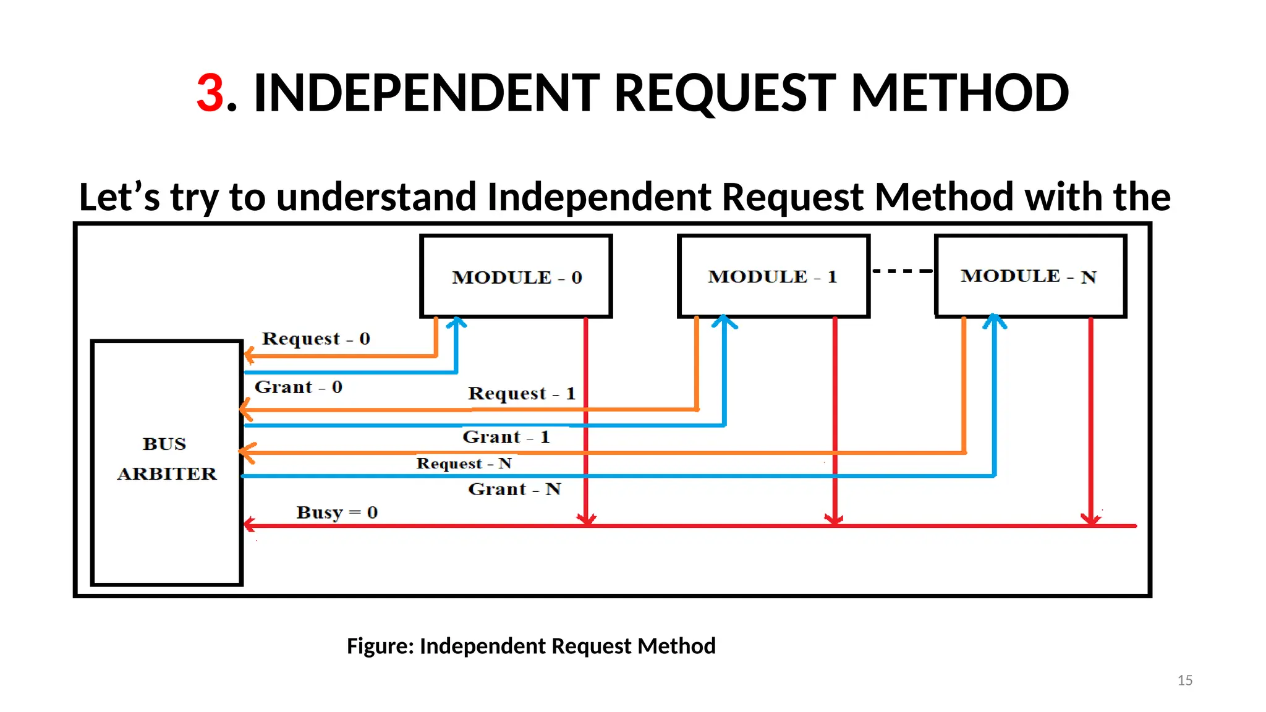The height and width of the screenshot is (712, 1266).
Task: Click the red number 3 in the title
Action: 210,93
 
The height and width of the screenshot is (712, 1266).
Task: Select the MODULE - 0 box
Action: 516,276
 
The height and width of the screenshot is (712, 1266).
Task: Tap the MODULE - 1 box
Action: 773,276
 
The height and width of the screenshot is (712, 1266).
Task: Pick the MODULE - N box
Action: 1030,276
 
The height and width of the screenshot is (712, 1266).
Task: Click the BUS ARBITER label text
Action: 166,459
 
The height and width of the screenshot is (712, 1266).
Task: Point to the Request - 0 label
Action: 315,339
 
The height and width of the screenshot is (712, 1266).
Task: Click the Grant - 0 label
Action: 298,388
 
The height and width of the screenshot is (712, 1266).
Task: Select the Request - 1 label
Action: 521,393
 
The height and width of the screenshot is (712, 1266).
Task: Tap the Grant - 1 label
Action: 506,437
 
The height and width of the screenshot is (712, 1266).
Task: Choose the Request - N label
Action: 464,464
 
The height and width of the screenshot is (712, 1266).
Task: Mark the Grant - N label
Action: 514,489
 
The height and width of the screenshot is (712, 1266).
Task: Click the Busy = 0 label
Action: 337,512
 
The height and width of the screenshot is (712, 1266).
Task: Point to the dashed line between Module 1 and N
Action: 902,271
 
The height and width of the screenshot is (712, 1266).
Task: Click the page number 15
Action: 1184,680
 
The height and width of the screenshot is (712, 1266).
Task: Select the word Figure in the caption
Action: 380,646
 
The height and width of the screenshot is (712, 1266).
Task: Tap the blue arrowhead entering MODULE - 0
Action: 457,322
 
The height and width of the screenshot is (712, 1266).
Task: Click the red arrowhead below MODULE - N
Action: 1090,519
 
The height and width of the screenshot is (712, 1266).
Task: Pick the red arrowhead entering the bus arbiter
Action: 249,525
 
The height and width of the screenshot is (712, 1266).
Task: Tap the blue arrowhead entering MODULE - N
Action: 994,320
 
